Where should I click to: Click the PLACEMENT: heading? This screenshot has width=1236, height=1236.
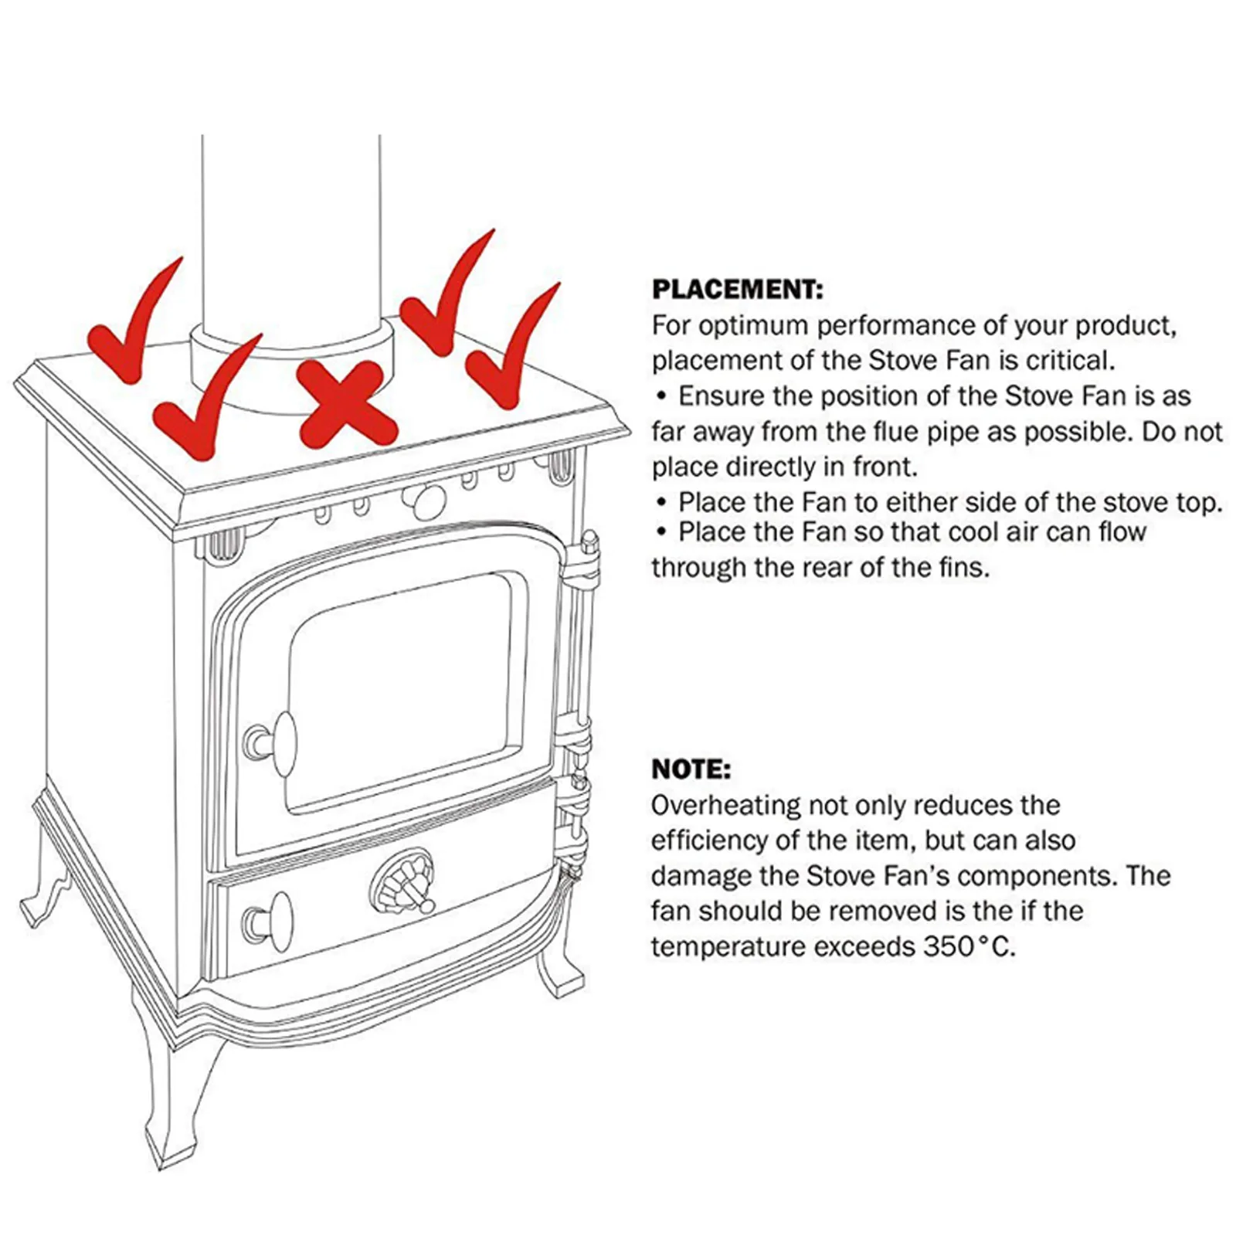coord(738,290)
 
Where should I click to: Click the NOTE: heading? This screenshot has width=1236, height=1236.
coord(691,769)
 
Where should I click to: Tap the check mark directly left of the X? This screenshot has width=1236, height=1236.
coord(205,402)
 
